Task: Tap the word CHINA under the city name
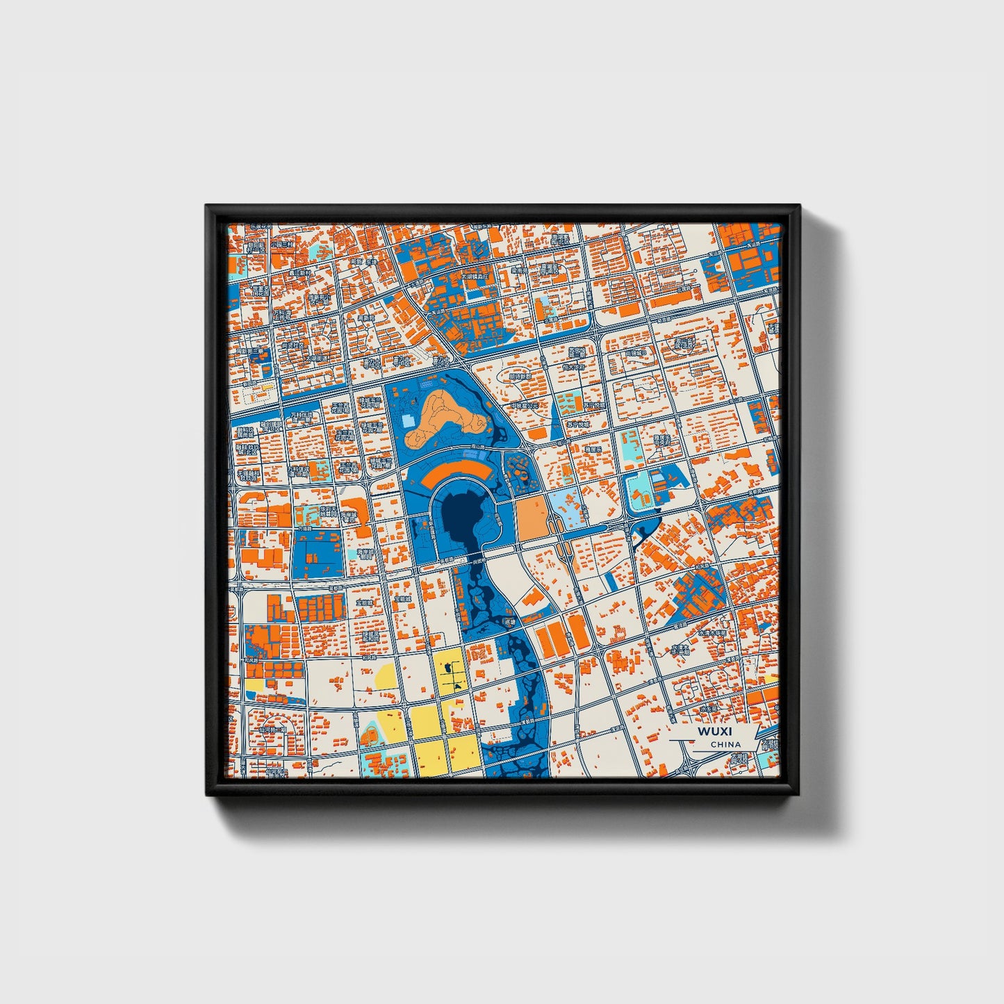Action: click(x=725, y=744)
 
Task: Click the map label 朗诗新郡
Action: click(x=519, y=376)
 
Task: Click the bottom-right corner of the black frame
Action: click(x=800, y=795)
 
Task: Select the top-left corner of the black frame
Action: click(x=206, y=205)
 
